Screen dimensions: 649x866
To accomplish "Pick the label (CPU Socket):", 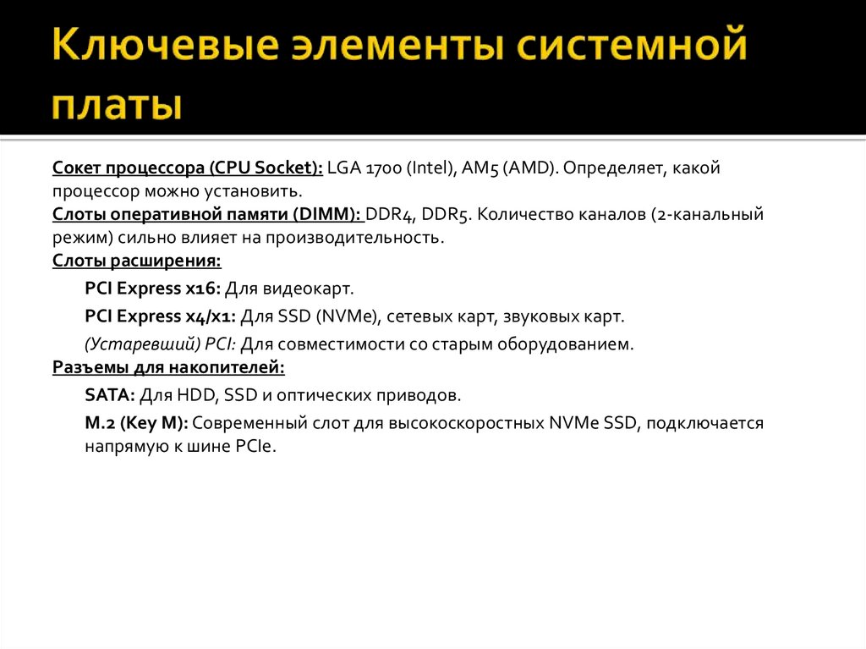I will pos(263,168).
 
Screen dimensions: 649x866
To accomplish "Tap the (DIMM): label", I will pos(331,214).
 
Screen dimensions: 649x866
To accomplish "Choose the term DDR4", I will pos(390,214).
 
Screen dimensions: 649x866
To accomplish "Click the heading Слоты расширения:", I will pos(136,260).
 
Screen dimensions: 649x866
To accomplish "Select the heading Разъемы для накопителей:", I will pos(168,368).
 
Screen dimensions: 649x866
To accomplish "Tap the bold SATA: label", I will pos(109,395).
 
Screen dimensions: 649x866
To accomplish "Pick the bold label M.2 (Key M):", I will pos(136,423).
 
